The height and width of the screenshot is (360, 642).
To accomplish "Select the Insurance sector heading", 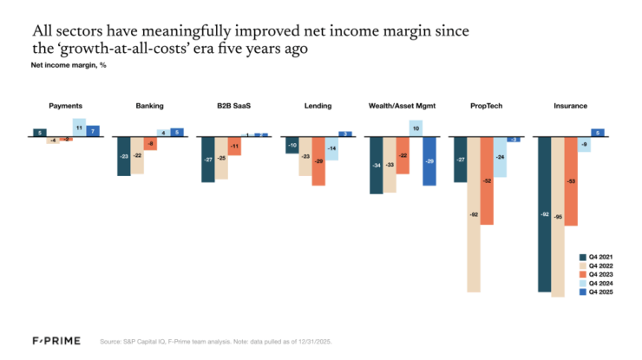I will [x=570, y=106].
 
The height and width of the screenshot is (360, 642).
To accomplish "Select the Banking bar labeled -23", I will [x=124, y=156].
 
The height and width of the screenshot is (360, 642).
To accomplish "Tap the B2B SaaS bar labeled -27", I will [x=208, y=160].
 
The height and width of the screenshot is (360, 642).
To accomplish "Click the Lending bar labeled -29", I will [x=318, y=161].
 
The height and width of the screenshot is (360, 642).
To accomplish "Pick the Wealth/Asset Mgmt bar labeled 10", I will [x=416, y=128].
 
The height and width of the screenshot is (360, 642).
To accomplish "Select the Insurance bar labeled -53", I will [x=571, y=181].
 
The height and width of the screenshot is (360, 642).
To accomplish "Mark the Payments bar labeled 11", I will [x=79, y=128].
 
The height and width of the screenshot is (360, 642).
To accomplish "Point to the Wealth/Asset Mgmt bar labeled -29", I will [x=429, y=161].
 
